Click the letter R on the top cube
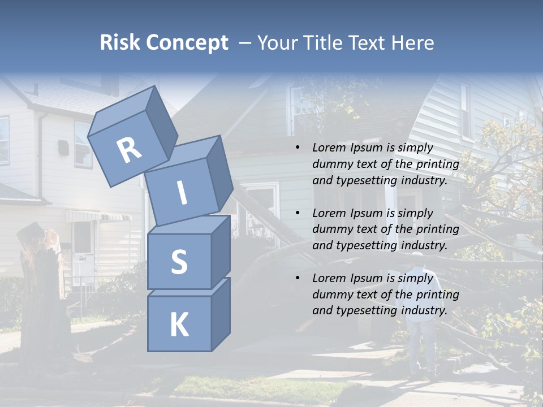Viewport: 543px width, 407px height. click(129, 150)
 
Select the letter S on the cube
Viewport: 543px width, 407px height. click(179, 262)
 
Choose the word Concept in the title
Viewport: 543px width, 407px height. click(188, 43)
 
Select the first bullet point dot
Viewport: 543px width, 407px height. click(298, 148)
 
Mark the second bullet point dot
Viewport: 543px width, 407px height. click(298, 213)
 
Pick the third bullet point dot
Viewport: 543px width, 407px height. click(298, 278)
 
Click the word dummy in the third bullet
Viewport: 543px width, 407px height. click(331, 295)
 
